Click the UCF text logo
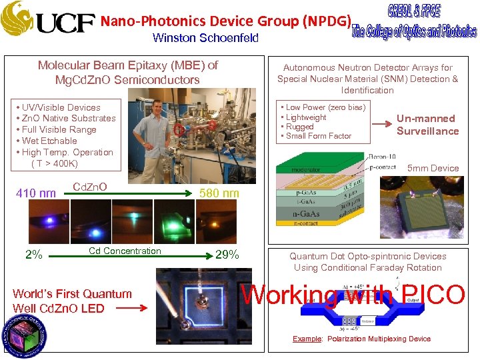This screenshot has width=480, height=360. coord(65,24)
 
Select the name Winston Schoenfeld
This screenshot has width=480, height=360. coord(205,38)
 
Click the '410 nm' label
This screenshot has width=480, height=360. coord(35,193)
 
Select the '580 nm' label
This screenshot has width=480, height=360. coord(219,193)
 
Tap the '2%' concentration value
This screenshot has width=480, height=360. coord(33,255)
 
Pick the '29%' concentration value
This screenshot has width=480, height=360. coord(227,255)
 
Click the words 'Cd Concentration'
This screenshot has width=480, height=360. coord(125,251)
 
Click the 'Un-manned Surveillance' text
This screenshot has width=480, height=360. coord(427,125)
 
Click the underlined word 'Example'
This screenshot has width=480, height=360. coord(307,339)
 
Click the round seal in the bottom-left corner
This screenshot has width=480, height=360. coord(25,331)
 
